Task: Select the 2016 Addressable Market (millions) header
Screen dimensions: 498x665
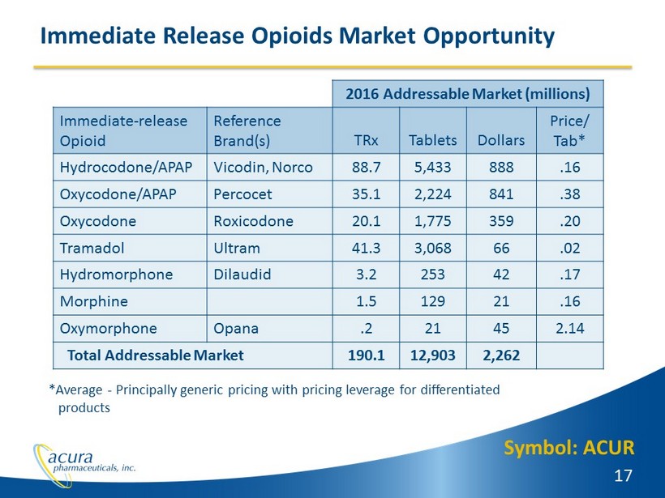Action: [x=469, y=93]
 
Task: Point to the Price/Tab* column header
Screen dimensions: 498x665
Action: [x=570, y=130]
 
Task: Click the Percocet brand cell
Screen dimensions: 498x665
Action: [x=242, y=194]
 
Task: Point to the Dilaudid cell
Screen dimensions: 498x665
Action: [x=242, y=274]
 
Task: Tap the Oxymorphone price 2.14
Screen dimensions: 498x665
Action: [x=570, y=327]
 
